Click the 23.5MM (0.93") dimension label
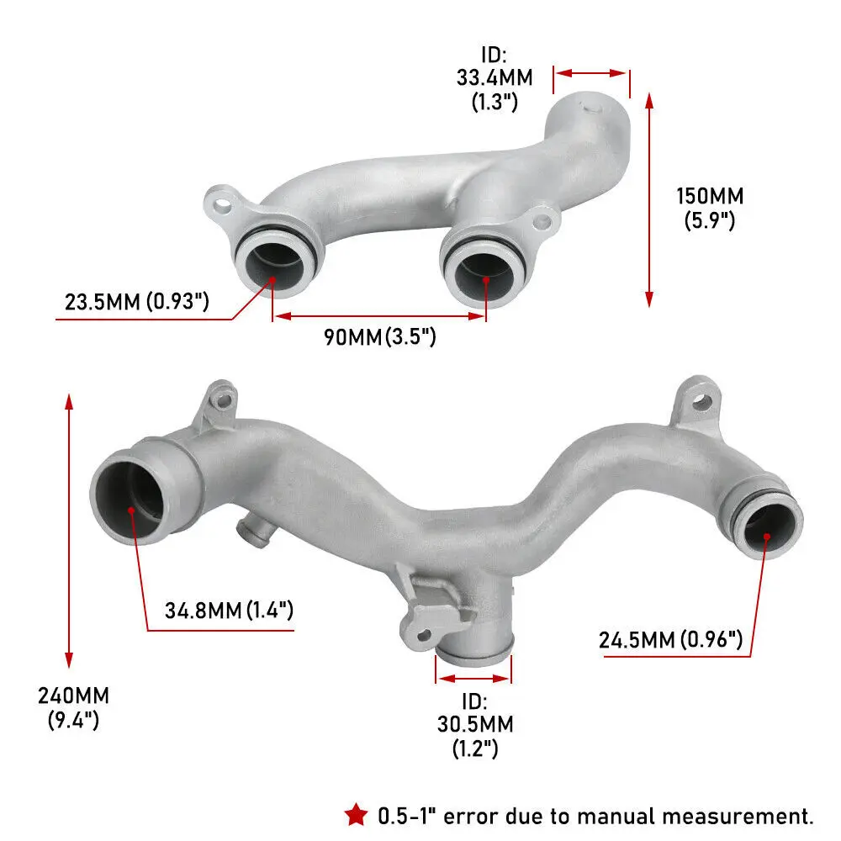point(136,300)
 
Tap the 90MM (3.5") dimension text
point(380,337)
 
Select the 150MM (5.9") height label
point(710,209)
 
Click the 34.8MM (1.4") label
point(229,610)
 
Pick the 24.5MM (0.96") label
point(670,640)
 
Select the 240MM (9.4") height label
point(73,707)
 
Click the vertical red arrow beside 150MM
point(648,199)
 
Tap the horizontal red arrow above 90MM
point(379,316)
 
